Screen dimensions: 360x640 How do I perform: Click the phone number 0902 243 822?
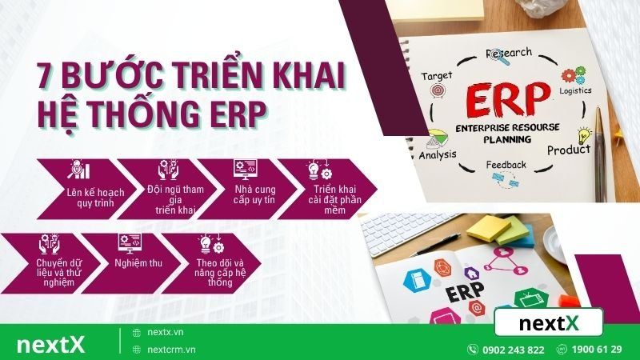point(514,350)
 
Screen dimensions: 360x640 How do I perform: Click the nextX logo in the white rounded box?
point(548,322)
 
